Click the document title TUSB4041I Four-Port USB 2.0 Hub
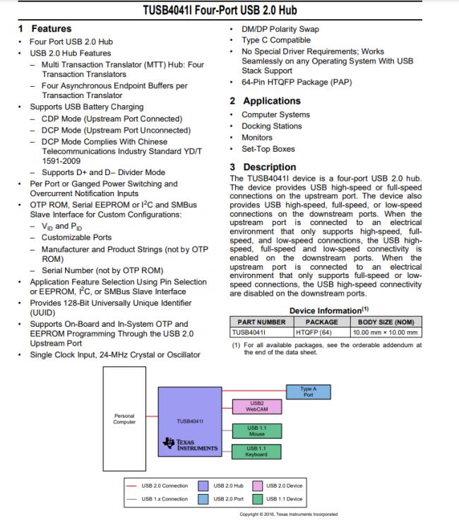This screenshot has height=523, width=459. coord(229,10)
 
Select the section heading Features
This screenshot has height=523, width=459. coord(50,29)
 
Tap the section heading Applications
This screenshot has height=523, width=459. coord(272,101)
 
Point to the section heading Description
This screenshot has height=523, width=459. coord(270,167)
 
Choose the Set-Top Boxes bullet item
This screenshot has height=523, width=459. coord(268,149)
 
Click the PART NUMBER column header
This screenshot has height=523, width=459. coord(261,322)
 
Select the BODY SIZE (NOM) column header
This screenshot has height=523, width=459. coord(386,322)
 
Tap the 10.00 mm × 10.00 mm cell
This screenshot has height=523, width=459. coord(386,332)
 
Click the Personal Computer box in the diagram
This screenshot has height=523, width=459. coord(124,419)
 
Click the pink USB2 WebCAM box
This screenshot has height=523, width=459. coord(256,407)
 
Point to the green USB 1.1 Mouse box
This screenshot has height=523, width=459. coord(256,431)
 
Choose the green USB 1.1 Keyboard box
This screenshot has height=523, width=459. coord(256,451)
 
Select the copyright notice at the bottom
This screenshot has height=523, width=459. coord(288,515)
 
